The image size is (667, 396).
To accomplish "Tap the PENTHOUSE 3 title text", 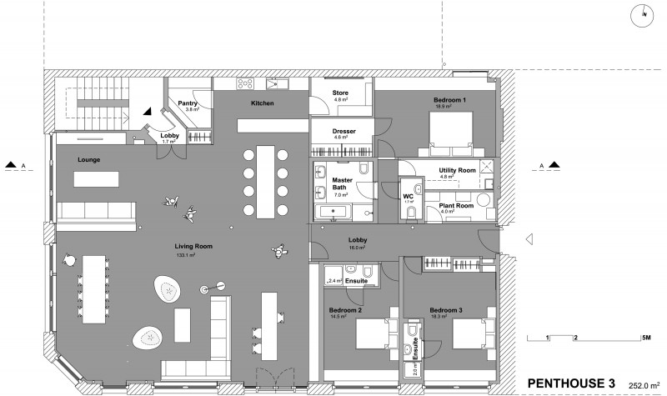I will coord(571,383).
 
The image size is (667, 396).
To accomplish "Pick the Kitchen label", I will coord(263,103).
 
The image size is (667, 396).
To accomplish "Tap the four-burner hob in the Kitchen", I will coord(248,83).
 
